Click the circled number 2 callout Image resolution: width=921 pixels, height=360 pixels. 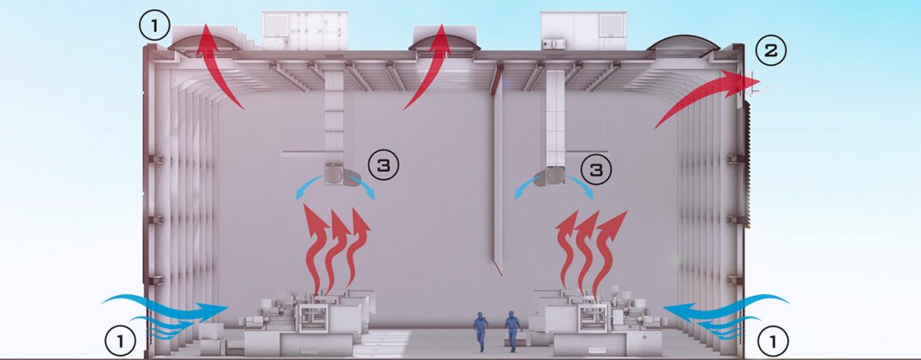coord(770,52)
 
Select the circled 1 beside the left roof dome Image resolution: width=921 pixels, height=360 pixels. coord(154,26)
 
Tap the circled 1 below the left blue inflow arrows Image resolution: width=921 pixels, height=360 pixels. coord(120,340)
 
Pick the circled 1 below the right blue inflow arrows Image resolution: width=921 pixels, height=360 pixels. coord(773,340)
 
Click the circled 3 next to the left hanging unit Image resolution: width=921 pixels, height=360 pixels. coord(383,165)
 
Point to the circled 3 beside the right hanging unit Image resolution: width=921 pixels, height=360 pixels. coord(595,169)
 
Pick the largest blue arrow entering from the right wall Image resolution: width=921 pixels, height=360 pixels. coord(726,306)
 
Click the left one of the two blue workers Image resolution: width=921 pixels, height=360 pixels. coord(481,331)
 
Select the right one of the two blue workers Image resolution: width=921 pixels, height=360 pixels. coord(513,331)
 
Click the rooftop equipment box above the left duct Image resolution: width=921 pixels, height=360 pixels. coord(303,31)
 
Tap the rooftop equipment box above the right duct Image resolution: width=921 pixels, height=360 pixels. coord(582,31)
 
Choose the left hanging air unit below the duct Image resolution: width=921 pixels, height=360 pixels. coord(341,176)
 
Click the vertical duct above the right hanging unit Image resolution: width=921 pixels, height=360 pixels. coord(555,118)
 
